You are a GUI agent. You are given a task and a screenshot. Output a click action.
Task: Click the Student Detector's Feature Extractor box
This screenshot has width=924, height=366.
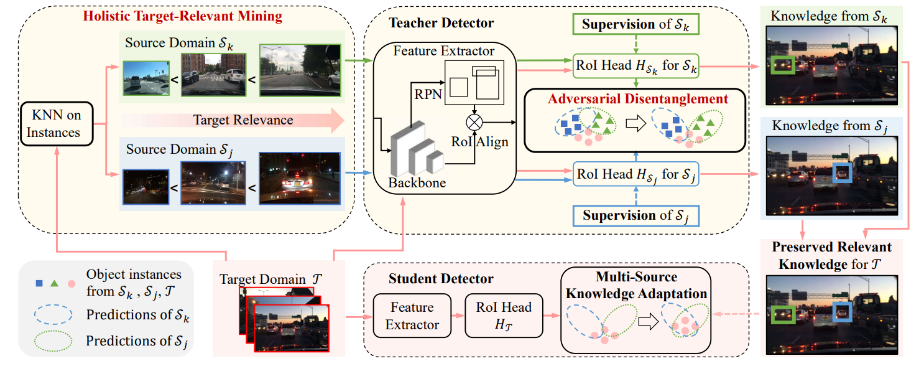tap(411, 316)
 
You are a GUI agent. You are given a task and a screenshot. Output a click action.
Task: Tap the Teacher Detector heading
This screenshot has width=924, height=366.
tap(441, 23)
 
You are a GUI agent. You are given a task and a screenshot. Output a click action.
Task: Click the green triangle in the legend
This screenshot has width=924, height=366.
tap(55, 283)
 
